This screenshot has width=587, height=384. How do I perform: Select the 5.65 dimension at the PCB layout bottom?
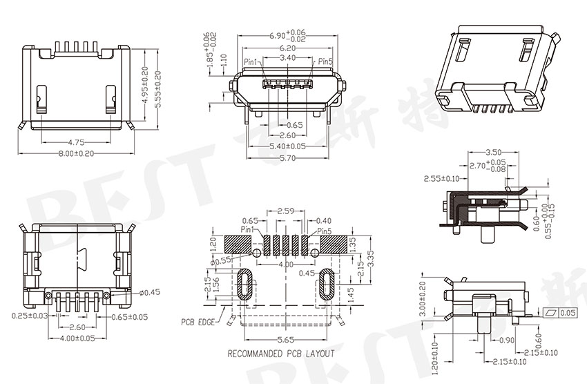coord(286,340)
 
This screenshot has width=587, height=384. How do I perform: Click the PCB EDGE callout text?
coord(199,322)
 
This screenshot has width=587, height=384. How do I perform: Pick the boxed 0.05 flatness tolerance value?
coord(568,314)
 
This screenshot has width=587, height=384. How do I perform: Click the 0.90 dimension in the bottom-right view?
coord(507,340)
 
